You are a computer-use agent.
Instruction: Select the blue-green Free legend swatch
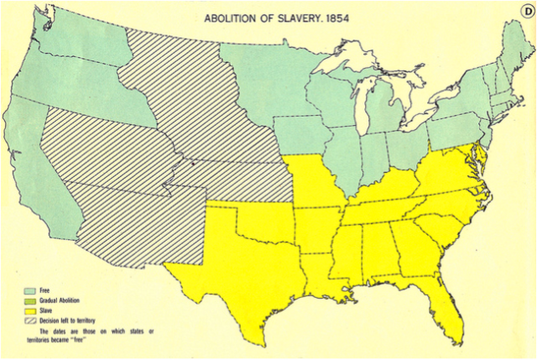pos(31,290)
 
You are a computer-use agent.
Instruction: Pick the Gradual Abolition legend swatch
pos(31,300)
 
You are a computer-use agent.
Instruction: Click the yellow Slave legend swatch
pos(31,310)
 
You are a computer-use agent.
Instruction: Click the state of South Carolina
pos(440,227)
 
